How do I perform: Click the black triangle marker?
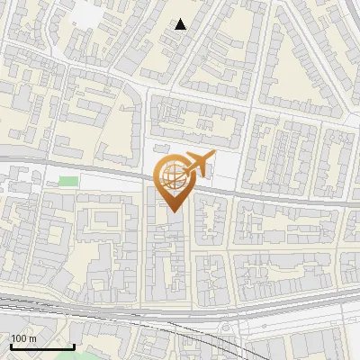click(181, 24)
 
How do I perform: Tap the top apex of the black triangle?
click(181, 19)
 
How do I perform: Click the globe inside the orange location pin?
click(171, 178)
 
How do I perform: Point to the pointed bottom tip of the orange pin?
click(172, 212)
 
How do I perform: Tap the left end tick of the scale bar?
click(12, 345)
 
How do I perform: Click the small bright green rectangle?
click(68, 182)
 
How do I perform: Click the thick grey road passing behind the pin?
click(270, 195)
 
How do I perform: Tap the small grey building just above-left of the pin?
click(160, 148)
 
